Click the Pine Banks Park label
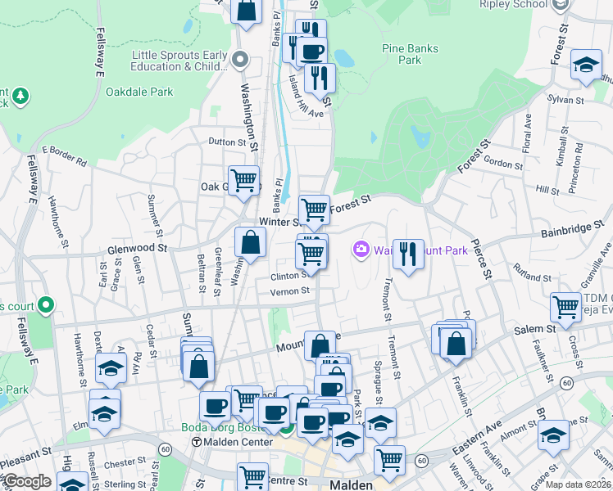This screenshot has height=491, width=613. click(402, 54)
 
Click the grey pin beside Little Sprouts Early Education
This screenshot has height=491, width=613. click(240, 59)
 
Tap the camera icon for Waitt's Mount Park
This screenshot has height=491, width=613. click(361, 249)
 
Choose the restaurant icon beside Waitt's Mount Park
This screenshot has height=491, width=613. click(407, 254)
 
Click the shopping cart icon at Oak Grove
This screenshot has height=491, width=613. click(243, 180)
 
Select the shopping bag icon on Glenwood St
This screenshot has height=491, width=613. click(250, 242)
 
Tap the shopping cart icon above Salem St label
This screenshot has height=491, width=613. click(565, 308)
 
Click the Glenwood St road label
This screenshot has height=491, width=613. click(137, 248)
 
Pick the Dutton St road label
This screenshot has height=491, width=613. click(227, 142)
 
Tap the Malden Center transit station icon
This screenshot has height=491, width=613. click(196, 443)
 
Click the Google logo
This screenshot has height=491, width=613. click(27, 481)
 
